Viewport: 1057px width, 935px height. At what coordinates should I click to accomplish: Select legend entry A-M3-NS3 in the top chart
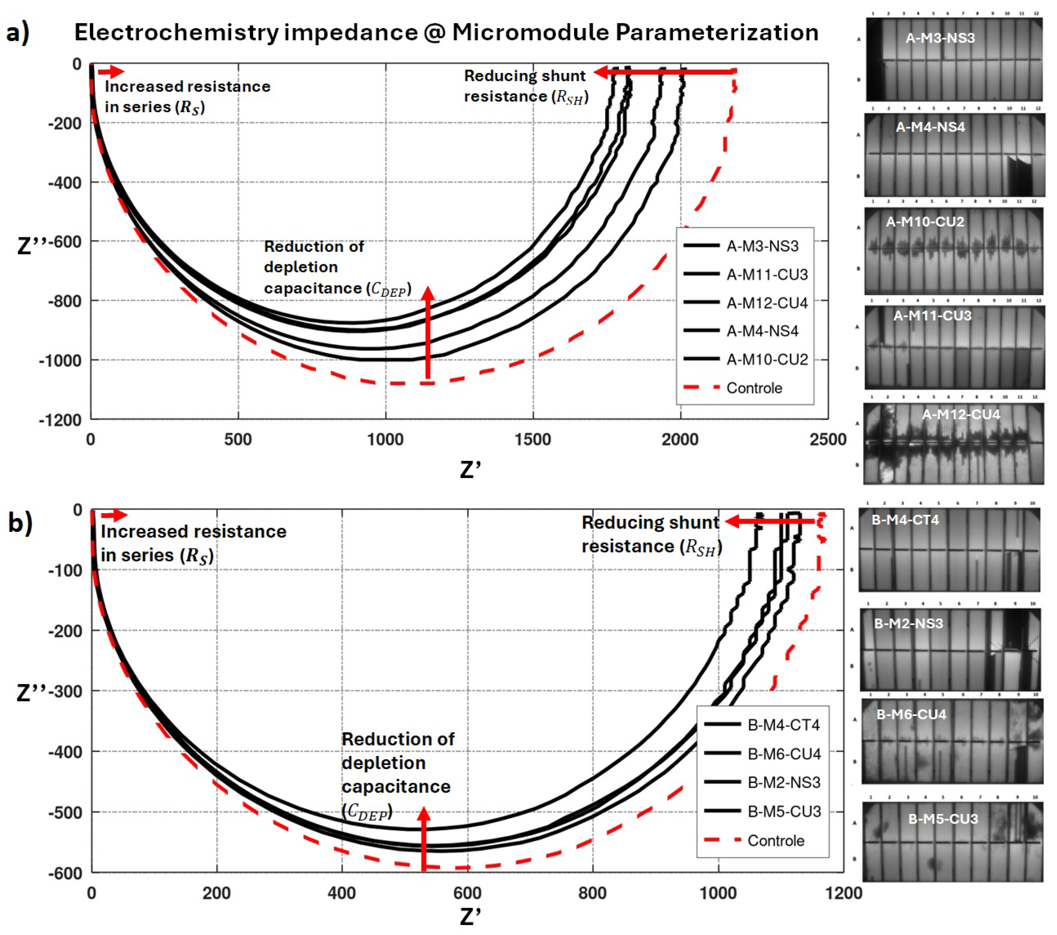click(762, 246)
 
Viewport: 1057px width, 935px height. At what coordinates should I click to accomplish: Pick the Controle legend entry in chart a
click(754, 388)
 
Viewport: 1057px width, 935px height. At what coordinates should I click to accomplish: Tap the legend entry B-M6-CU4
click(784, 754)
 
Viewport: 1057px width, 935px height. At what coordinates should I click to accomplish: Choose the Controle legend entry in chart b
click(776, 840)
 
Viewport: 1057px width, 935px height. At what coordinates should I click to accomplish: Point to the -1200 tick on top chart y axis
click(60, 420)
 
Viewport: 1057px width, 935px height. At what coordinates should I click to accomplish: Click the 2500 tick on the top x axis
click(827, 440)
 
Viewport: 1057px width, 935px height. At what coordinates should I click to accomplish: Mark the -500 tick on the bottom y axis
click(65, 812)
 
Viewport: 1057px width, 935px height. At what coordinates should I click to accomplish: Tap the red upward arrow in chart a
click(428, 334)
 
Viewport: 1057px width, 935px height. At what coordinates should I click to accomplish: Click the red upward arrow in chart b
click(423, 838)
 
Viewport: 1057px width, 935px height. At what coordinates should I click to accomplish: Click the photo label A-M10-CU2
click(925, 222)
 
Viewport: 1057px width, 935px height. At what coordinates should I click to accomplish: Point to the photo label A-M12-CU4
click(960, 414)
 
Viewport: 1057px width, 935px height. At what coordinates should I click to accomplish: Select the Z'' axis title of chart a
click(32, 244)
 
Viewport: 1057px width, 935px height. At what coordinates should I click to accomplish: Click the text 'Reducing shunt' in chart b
click(650, 522)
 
